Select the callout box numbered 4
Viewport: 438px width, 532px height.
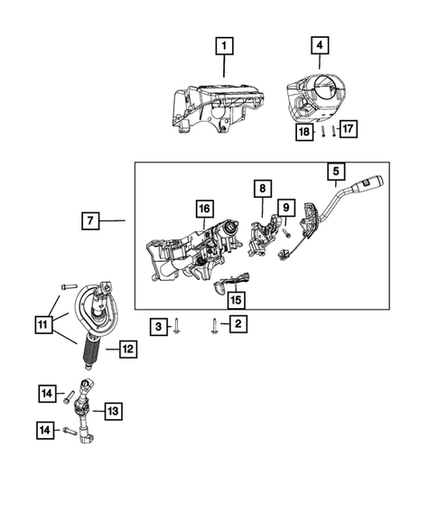(319, 43)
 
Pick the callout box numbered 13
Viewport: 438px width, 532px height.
(112, 411)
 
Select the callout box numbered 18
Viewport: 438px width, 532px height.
(306, 132)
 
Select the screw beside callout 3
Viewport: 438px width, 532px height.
(179, 326)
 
